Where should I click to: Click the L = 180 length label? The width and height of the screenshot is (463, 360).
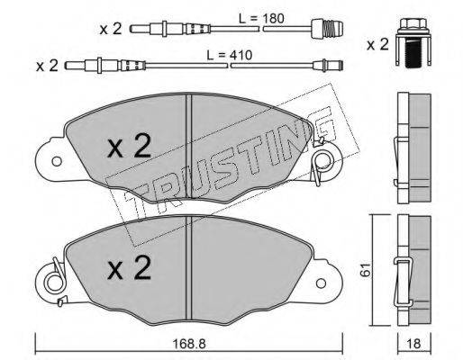261,19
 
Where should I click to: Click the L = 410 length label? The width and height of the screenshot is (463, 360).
230,55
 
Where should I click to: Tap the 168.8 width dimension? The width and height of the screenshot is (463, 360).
189,344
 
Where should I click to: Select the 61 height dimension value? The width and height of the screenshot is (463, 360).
367,270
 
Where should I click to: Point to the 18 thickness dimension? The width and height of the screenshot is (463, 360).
413,344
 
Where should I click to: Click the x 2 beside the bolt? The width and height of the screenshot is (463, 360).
377,45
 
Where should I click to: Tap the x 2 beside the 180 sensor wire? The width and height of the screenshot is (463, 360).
111,29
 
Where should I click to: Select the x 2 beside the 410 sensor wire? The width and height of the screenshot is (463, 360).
47,66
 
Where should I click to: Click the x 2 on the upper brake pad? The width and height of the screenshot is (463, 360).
130,146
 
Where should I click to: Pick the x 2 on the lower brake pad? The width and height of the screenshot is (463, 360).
130,268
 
